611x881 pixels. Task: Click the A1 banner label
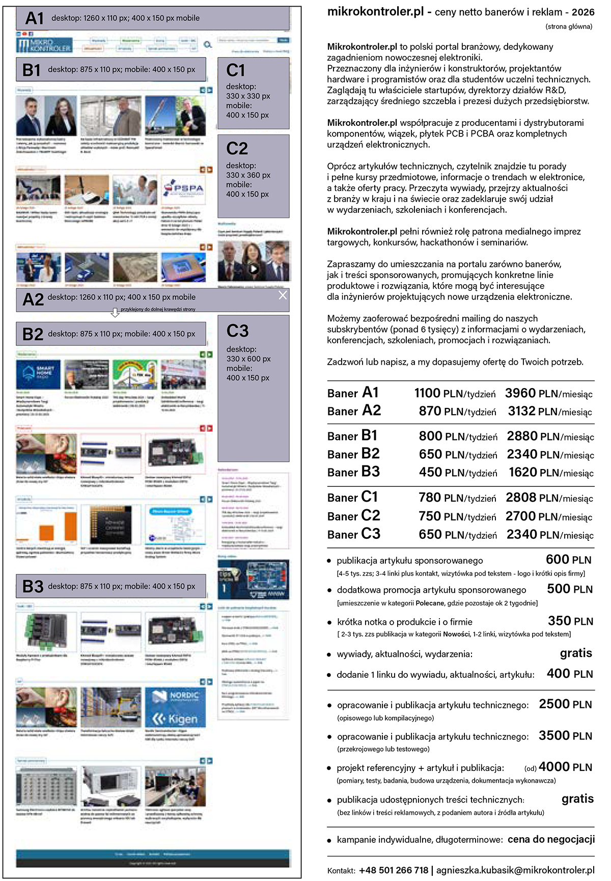coord(35,18)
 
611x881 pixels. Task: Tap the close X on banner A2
coord(283,295)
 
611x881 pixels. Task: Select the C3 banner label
coord(237,332)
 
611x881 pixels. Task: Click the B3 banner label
coord(33,586)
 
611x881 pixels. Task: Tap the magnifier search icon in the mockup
coord(207,45)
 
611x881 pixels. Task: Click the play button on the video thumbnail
coord(253,269)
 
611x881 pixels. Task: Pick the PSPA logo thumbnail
coord(184,190)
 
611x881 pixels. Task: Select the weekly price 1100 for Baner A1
coord(427,394)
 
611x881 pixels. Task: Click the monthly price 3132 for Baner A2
coord(521,411)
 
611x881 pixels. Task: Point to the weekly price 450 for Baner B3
coord(430,473)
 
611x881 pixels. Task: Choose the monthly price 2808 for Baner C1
coord(521,498)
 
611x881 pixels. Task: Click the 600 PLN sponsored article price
coord(568,560)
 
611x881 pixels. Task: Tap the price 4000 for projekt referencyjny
coord(553,767)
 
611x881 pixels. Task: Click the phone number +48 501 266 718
coord(393,870)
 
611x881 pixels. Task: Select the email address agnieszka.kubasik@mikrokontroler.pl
coord(515,870)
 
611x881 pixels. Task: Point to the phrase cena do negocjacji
coord(551,839)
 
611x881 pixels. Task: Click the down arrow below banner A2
coord(115,313)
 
